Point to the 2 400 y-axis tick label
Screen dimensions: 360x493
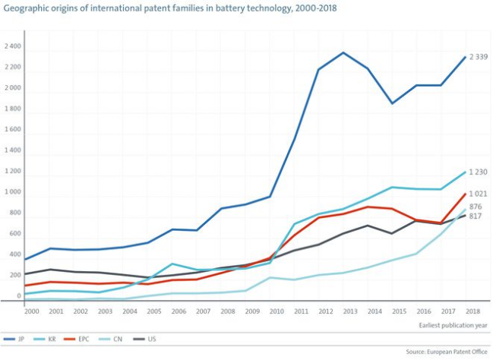coord(12,46)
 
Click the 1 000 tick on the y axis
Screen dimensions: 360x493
coord(12,193)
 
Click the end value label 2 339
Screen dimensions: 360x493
coord(478,57)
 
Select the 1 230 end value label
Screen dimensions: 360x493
coord(478,172)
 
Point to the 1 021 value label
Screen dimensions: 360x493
coord(478,194)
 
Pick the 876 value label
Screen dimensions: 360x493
coord(476,207)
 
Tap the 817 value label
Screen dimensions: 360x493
coord(476,216)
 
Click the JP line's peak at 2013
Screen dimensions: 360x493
coord(343,52)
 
